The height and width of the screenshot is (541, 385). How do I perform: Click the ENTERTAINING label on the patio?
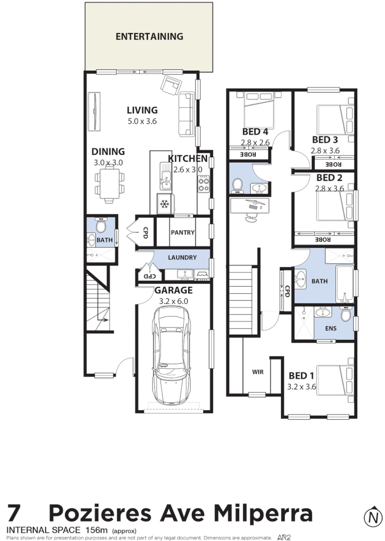click(x=149, y=36)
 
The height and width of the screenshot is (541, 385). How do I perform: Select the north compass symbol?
click(x=372, y=517)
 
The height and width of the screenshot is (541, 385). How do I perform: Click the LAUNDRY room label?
click(x=182, y=257)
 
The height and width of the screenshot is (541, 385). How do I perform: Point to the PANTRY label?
click(x=182, y=233)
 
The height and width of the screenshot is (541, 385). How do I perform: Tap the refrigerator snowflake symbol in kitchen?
click(x=164, y=204)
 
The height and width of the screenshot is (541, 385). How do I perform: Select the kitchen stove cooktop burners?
click(x=204, y=183)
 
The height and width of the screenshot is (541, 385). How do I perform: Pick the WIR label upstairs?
click(x=258, y=372)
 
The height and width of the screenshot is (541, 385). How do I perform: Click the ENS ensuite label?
click(x=331, y=328)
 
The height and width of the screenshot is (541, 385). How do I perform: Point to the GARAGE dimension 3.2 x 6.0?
click(x=174, y=301)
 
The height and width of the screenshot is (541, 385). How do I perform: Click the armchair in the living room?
click(x=171, y=85)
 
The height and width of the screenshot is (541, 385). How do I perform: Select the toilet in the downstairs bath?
click(x=101, y=224)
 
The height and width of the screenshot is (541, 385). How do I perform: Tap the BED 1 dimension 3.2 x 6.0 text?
click(x=301, y=387)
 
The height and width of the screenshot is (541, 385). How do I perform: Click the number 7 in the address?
click(x=15, y=514)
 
